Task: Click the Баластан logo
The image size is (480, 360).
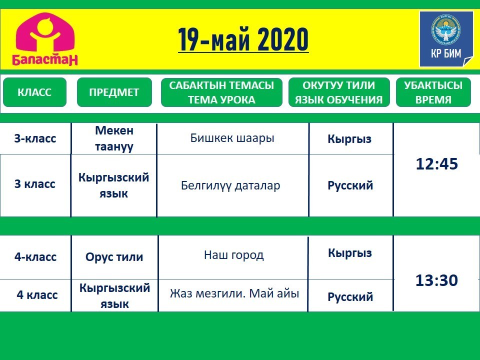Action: pos(44,39)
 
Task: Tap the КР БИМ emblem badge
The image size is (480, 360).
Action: pos(446,39)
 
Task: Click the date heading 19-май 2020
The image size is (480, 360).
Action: pos(243,39)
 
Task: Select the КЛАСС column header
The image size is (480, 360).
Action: pos(34,92)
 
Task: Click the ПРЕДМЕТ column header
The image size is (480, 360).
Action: pos(114,92)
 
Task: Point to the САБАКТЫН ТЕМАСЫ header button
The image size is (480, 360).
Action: pos(221,92)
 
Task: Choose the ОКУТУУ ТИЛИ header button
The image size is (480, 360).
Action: pos(339,92)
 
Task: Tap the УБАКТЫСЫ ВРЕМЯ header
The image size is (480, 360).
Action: pos(433,92)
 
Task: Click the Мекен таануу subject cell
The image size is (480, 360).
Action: pos(114,138)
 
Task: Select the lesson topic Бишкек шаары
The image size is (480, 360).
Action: pos(232,138)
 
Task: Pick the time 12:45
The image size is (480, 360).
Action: pos(437,164)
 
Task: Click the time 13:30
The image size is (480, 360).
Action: pos(436,280)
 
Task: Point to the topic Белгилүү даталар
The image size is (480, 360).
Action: pos(230,185)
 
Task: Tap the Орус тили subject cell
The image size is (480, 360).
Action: pos(114,257)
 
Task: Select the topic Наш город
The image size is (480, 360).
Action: pos(233,254)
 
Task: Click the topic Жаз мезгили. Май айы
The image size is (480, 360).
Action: pos(234,293)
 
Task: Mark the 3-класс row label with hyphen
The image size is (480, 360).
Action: pos(35,138)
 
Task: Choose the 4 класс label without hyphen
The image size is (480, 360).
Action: pos(37,295)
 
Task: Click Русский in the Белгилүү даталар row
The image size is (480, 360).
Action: pos(350,185)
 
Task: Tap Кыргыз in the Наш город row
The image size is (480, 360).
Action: pos(350,253)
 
